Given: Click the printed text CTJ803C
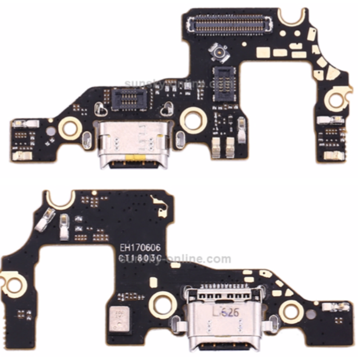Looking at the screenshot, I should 140,259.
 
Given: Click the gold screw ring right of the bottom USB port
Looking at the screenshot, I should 291,311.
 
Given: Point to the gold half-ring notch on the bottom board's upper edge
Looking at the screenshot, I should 61,199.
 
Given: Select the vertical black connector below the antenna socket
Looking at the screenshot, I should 224,83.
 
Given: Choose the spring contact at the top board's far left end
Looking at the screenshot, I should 25,123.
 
